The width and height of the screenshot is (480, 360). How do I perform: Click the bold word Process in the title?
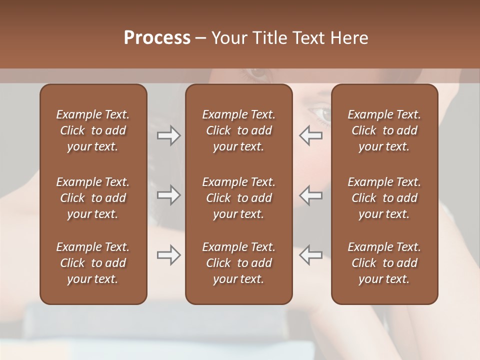pos(157,38)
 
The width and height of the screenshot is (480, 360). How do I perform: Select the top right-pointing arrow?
pos(168,135)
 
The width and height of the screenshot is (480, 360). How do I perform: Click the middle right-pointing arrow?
pos(168,195)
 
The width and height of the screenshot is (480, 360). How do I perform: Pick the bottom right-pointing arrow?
pos(168,255)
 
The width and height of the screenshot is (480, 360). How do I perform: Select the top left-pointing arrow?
pos(310,135)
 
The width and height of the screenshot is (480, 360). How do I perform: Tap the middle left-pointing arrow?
pos(310,195)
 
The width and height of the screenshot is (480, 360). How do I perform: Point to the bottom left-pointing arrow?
pos(310,255)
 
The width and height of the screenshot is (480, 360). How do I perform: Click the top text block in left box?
pos(93,130)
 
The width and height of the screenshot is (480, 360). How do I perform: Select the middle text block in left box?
pos(93,198)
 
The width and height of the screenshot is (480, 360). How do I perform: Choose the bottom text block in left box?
pos(93,263)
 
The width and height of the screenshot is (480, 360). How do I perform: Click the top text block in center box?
pos(238,130)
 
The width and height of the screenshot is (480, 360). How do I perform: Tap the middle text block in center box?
pos(238,198)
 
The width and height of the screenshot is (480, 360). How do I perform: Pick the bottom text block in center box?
pos(238,263)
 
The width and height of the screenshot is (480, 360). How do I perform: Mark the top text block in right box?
pos(384,130)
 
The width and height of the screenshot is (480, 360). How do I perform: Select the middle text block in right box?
pos(384,198)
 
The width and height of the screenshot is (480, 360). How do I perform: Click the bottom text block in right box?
pos(384,263)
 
